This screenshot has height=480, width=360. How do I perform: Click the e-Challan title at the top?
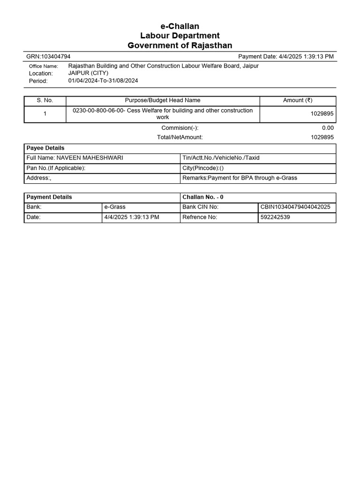(180, 26)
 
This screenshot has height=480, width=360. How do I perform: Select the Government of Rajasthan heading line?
(180, 45)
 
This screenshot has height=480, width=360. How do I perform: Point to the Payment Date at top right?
(286, 57)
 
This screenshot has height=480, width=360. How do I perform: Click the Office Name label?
(44, 67)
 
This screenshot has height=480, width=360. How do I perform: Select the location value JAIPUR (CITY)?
(88, 74)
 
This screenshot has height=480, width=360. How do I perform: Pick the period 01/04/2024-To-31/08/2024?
(103, 81)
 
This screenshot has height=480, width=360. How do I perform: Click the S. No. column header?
(45, 101)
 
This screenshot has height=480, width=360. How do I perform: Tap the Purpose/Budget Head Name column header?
(163, 101)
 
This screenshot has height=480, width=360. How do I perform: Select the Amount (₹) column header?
(298, 101)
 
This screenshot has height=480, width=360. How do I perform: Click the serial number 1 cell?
(45, 114)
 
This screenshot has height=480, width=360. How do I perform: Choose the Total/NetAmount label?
(180, 137)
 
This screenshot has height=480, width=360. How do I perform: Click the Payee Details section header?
(45, 148)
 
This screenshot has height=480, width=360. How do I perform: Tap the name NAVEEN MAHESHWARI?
(90, 158)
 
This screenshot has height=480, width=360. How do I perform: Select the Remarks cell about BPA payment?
(240, 178)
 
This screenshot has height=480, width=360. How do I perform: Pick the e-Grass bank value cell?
(115, 207)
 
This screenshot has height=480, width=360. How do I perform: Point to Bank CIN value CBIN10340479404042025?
(295, 207)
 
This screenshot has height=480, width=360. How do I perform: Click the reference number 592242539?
(275, 217)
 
